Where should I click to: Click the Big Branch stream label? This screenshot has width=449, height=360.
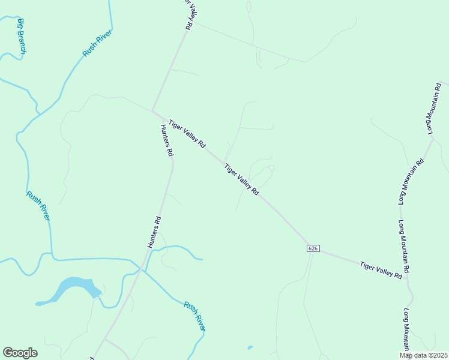pyautogui.click(x=22, y=38)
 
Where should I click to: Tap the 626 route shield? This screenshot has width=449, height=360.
pyautogui.click(x=312, y=248)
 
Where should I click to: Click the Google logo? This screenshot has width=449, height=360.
pyautogui.click(x=20, y=353)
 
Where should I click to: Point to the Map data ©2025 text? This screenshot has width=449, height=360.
pyautogui.click(x=424, y=355)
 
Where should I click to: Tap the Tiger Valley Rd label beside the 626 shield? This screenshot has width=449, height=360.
pyautogui.click(x=381, y=269)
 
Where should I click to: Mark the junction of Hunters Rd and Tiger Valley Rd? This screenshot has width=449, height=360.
pyautogui.click(x=154, y=111)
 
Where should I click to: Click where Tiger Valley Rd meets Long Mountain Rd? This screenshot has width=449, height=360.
pyautogui.click(x=408, y=277)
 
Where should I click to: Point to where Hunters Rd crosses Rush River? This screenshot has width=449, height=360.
pyautogui.click(x=140, y=269)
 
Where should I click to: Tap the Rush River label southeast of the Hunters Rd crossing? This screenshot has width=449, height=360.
pyautogui.click(x=195, y=316)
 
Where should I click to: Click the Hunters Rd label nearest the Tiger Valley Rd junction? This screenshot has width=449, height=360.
pyautogui.click(x=167, y=140)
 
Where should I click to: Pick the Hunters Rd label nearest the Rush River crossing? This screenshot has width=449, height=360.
pyautogui.click(x=154, y=232)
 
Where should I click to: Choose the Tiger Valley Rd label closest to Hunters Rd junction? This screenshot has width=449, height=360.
pyautogui.click(x=187, y=134)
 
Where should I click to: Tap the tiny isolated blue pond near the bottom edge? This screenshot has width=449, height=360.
pyautogui.click(x=250, y=347)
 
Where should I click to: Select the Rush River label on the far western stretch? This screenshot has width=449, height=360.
pyautogui.click(x=38, y=206)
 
